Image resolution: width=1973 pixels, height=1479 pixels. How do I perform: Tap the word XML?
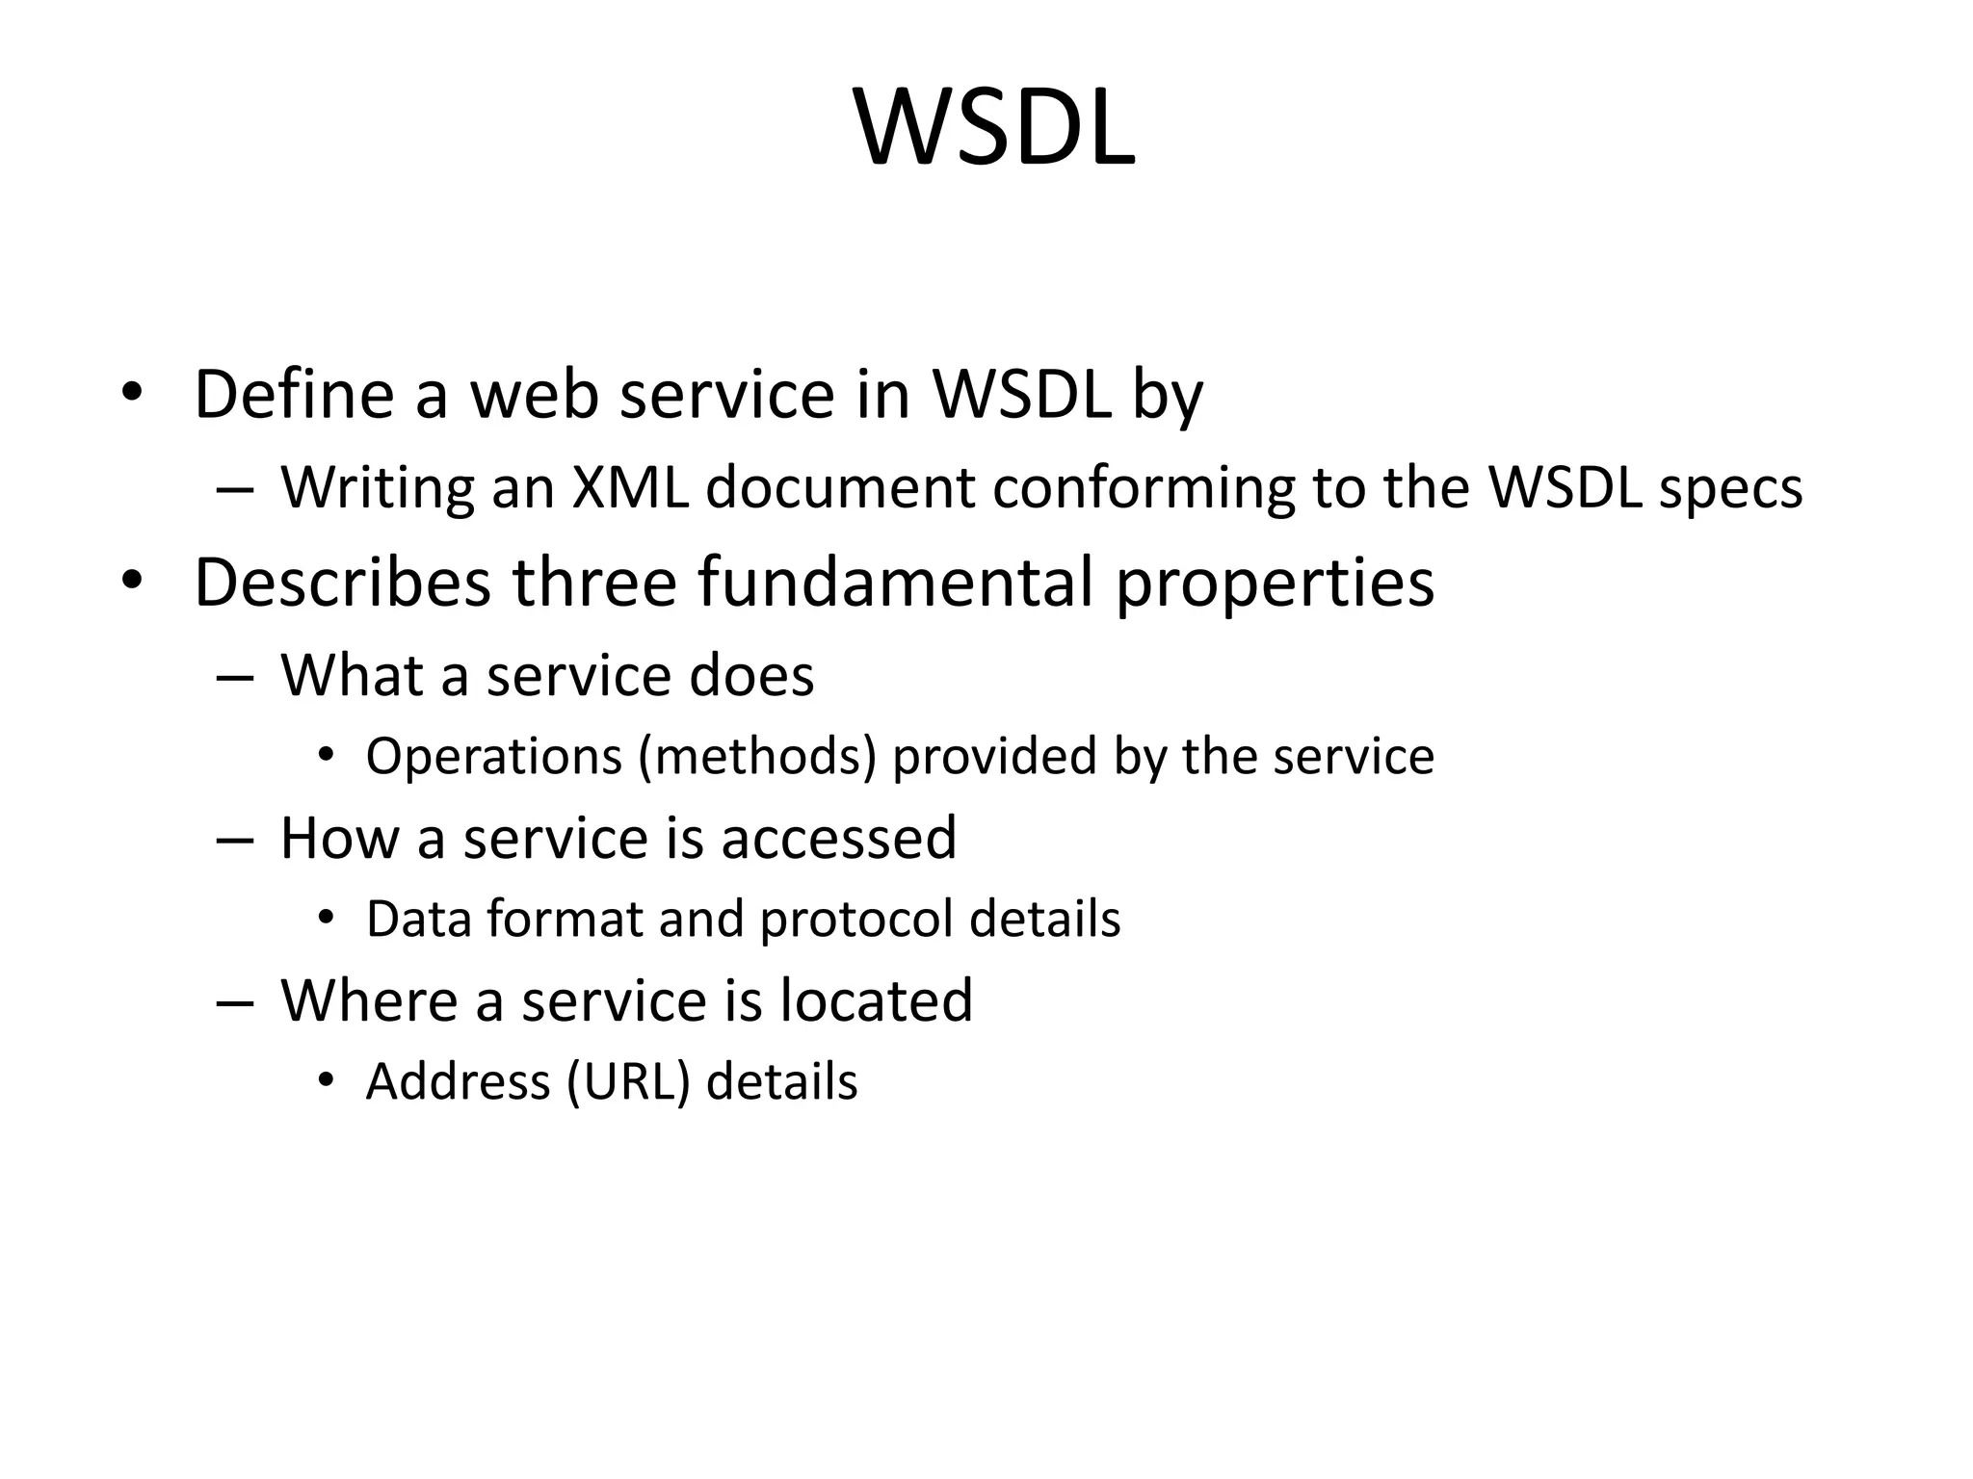click(x=630, y=487)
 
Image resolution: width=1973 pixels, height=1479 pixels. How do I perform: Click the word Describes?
click(x=342, y=583)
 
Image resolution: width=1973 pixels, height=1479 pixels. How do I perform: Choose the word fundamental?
click(x=896, y=583)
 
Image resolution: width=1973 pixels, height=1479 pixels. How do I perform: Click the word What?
click(x=352, y=675)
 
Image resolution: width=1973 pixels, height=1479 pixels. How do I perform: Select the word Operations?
click(x=493, y=757)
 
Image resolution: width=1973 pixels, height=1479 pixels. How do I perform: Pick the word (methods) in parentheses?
click(x=756, y=757)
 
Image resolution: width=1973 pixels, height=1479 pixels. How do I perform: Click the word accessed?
click(x=838, y=838)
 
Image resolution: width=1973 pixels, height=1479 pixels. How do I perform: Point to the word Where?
click(x=369, y=1000)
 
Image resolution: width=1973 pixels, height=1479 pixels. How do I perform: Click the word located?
click(x=876, y=1000)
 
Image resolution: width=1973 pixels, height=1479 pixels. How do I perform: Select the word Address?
click(x=458, y=1082)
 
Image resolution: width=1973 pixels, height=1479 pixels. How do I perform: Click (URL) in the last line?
click(x=629, y=1082)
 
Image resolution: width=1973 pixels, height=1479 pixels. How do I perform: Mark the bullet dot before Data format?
click(x=326, y=919)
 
